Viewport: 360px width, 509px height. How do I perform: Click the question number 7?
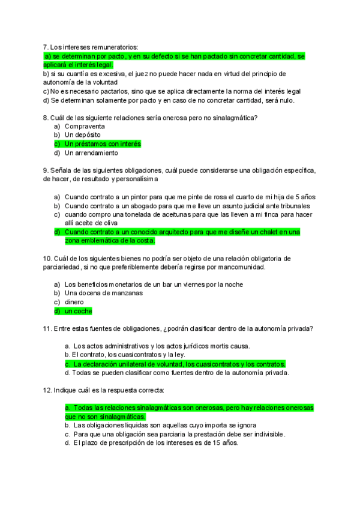[x=46, y=47]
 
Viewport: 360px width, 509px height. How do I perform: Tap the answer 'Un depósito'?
[x=83, y=135]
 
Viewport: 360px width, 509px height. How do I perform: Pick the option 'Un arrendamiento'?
[x=91, y=153]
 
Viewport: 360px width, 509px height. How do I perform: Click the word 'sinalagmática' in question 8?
[x=225, y=118]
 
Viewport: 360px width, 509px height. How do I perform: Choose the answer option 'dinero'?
[x=74, y=302]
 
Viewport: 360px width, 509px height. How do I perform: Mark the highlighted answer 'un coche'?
[x=78, y=312]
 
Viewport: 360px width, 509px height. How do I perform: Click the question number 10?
[x=48, y=258]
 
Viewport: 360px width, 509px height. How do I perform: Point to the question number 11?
[x=48, y=328]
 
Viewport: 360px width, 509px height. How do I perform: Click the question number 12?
[x=48, y=390]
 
